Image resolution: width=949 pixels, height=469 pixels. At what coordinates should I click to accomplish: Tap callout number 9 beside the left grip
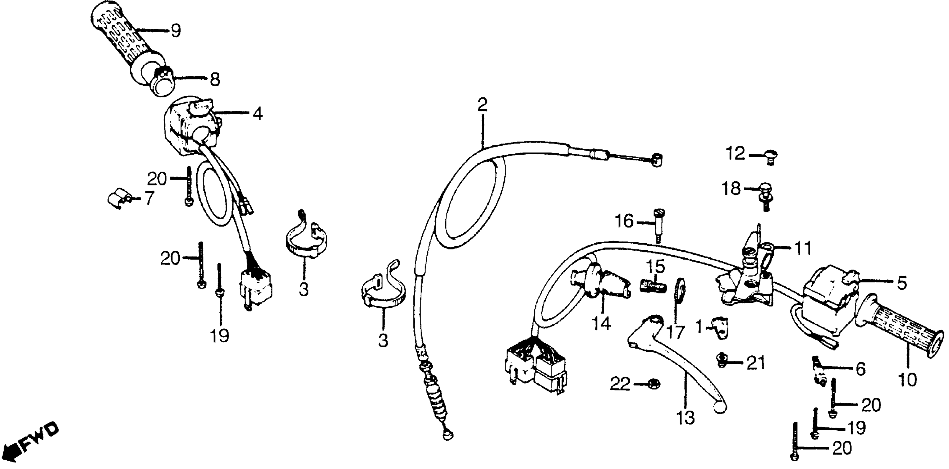click(x=176, y=31)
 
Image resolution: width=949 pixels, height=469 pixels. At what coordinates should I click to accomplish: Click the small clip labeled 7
click(x=119, y=199)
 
